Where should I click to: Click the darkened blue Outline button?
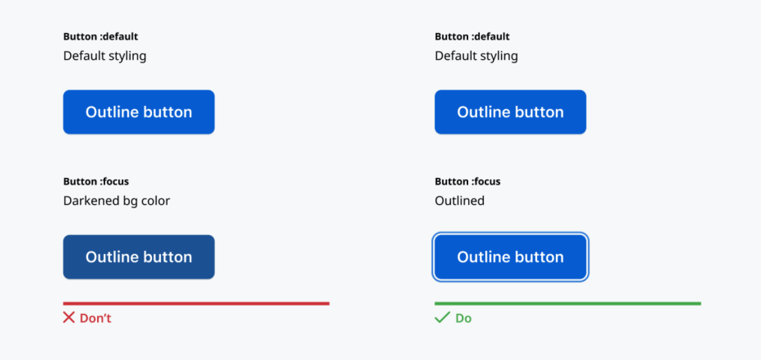[x=139, y=257]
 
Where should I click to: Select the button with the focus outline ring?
[x=510, y=257]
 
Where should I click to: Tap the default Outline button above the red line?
[x=139, y=112]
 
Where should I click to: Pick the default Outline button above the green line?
[x=510, y=112]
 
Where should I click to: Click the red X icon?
[x=69, y=318]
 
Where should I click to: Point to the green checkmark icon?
[x=442, y=318]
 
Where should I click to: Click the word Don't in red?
[x=96, y=318]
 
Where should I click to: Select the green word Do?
[x=463, y=318]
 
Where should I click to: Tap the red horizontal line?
[x=196, y=304]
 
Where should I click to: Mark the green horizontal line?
[x=568, y=304]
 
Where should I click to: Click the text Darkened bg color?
[x=116, y=201]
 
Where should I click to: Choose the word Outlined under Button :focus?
[x=460, y=201]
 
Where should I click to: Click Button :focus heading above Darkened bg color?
[x=96, y=182]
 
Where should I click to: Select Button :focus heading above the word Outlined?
[x=467, y=182]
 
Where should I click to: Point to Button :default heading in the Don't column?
[x=100, y=37]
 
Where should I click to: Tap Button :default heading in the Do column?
[x=472, y=37]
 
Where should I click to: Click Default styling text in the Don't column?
[x=104, y=56]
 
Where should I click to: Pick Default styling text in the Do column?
[x=476, y=56]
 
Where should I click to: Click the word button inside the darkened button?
[x=168, y=257]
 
